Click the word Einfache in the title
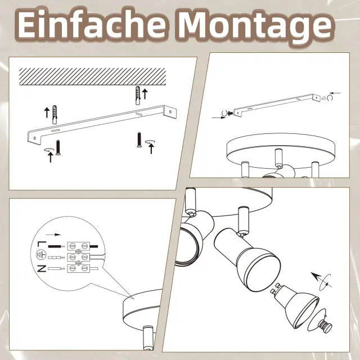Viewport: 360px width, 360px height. click(x=92, y=25)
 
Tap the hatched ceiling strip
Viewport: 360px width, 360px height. click(x=92, y=76)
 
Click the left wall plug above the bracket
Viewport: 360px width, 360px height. click(x=55, y=115)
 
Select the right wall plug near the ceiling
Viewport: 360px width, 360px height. click(x=137, y=96)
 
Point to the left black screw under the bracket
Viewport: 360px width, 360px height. click(x=58, y=148)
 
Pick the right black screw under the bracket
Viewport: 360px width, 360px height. click(x=139, y=139)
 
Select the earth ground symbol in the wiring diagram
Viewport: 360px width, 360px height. click(x=41, y=255)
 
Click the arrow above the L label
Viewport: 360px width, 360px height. click(x=53, y=235)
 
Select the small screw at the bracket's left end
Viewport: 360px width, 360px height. click(x=230, y=113)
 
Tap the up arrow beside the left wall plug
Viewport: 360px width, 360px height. click(x=47, y=112)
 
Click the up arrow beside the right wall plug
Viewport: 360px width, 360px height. click(x=145, y=94)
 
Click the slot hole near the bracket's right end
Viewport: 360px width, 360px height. click(x=138, y=114)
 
